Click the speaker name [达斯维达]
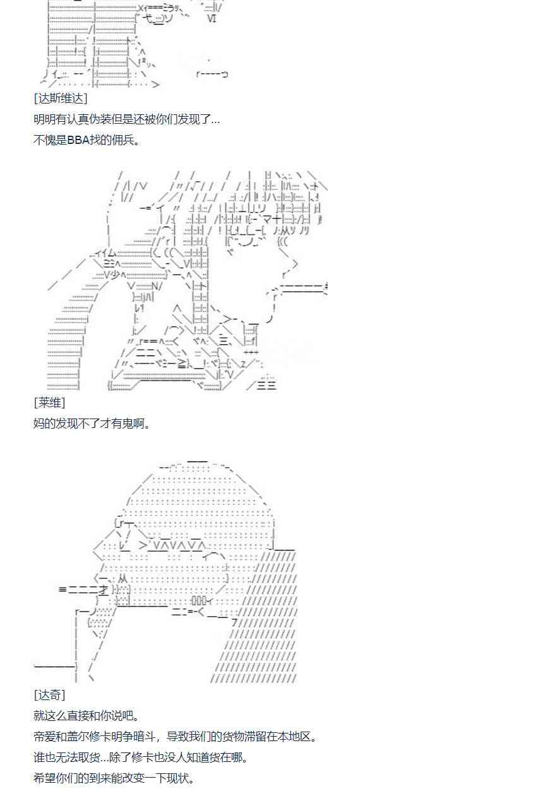(x=61, y=98)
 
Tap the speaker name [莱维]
(x=50, y=403)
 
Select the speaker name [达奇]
(x=50, y=695)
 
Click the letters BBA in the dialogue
(x=78, y=140)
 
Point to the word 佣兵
(x=123, y=140)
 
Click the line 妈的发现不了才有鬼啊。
(x=92, y=424)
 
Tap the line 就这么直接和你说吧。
(x=86, y=716)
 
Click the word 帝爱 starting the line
(x=45, y=737)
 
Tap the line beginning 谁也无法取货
(x=141, y=757)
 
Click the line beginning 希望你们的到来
(x=114, y=778)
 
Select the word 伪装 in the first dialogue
(x=111, y=119)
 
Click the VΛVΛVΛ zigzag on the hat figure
(x=177, y=545)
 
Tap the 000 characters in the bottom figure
(x=199, y=600)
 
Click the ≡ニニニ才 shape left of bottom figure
(x=83, y=590)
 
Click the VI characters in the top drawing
(x=212, y=19)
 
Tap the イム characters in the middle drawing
(x=107, y=253)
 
